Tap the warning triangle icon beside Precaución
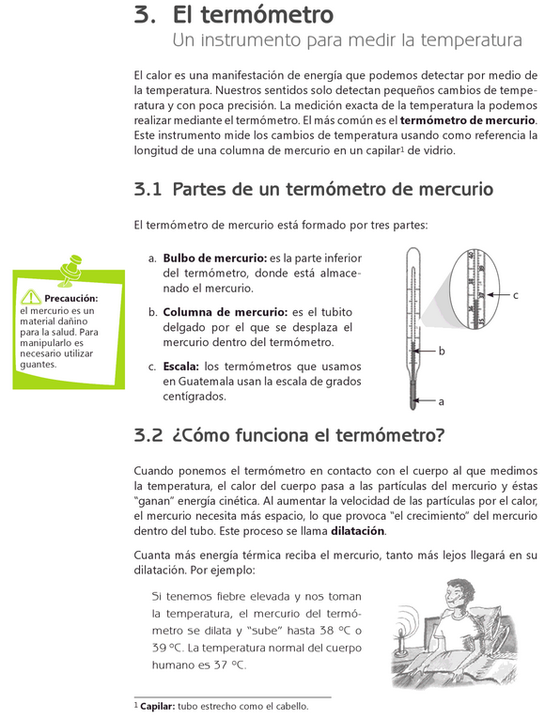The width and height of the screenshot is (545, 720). click(x=31, y=297)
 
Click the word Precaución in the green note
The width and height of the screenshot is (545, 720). click(x=71, y=299)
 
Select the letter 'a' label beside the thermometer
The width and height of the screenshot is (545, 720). click(x=442, y=401)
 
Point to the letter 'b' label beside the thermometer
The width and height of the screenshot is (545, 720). click(x=442, y=352)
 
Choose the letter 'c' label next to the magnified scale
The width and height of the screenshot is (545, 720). click(x=516, y=295)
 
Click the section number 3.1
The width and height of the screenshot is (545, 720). click(x=148, y=189)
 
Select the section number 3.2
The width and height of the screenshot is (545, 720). click(x=148, y=435)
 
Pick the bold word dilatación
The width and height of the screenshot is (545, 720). click(x=358, y=531)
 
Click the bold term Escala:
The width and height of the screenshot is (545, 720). click(x=181, y=367)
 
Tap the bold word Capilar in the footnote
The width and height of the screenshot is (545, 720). click(x=156, y=706)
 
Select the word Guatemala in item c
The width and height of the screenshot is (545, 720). click(x=206, y=382)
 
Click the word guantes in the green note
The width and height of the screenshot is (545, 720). click(x=38, y=365)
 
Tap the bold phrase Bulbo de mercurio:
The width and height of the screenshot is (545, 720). click(x=215, y=258)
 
